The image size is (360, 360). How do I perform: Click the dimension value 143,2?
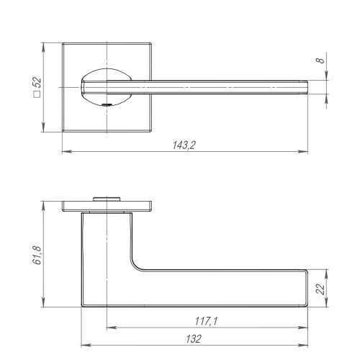pos(184,145)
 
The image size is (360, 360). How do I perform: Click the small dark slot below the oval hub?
pos(107,107)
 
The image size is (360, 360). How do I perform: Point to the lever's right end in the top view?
pos(307,88)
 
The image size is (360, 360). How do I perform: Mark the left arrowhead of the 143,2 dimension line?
pos(64,152)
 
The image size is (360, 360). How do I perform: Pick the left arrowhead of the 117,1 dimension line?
pos(109,326)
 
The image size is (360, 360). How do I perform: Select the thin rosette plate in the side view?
pos(107,206)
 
